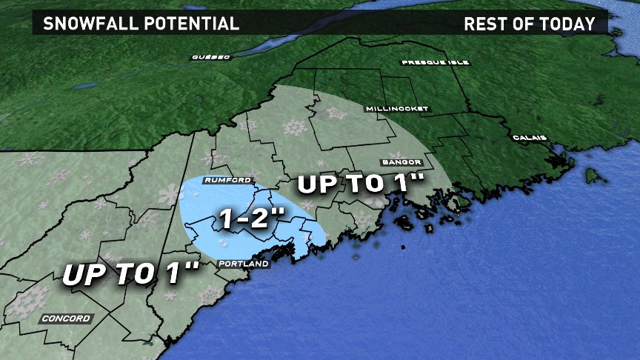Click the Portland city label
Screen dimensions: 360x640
pyautogui.click(x=239, y=264)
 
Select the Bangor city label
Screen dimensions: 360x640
pyautogui.click(x=402, y=162)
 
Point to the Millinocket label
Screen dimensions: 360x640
pyautogui.click(x=397, y=109)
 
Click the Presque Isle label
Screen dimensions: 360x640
pyautogui.click(x=436, y=63)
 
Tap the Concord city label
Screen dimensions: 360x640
pyautogui.click(x=66, y=319)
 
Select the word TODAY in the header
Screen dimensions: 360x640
pyautogui.click(x=570, y=24)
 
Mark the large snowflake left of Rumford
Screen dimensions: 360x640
pyautogui.click(x=168, y=194)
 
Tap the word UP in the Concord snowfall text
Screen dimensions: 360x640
pyautogui.click(x=79, y=275)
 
